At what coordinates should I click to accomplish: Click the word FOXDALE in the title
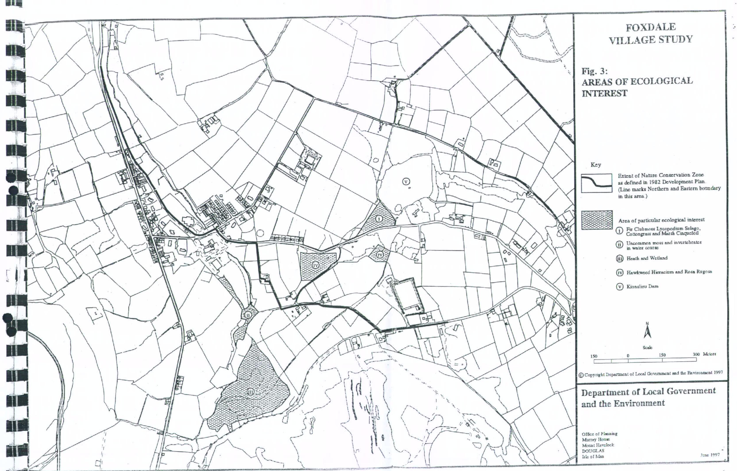pyautogui.click(x=650, y=27)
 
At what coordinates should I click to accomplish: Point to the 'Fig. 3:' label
pyautogui.click(x=594, y=71)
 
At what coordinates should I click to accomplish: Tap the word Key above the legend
pyautogui.click(x=596, y=165)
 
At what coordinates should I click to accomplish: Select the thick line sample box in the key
pyautogui.click(x=596, y=183)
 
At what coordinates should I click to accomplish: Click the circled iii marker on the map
pyautogui.click(x=250, y=392)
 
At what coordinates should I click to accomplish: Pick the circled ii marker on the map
pyautogui.click(x=248, y=314)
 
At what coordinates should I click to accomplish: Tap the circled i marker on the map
pyautogui.click(x=379, y=219)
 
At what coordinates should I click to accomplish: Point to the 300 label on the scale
pyautogui.click(x=696, y=354)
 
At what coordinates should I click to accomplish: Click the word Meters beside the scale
pyautogui.click(x=710, y=354)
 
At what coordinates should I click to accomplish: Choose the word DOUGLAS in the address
pyautogui.click(x=593, y=451)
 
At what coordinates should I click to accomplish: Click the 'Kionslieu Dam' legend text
pyautogui.click(x=642, y=286)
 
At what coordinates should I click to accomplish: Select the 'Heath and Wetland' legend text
pyautogui.click(x=647, y=258)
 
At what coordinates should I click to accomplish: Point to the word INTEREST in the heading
pyautogui.click(x=604, y=93)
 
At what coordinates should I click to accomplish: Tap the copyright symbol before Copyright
pyautogui.click(x=581, y=375)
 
